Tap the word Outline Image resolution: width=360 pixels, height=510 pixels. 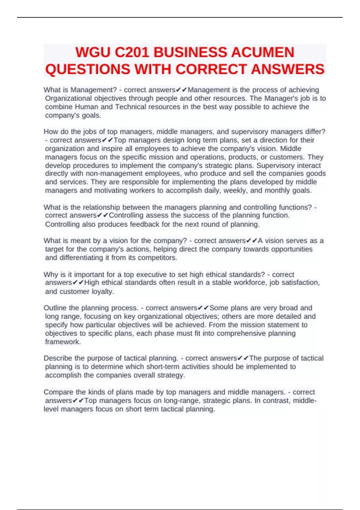pos(55,308)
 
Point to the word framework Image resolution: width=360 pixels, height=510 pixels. pos(63,342)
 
